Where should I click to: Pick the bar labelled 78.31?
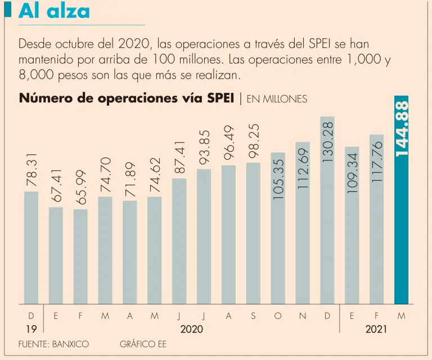click(31, 247)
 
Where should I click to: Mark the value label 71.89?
click(130, 179)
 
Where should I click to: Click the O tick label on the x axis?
click(278, 316)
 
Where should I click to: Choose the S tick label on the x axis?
click(253, 316)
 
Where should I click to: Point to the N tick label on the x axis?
click(303, 316)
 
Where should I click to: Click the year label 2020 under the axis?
click(192, 329)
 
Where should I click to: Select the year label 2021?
click(376, 329)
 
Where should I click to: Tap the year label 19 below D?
click(31, 329)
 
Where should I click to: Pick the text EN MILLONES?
click(277, 99)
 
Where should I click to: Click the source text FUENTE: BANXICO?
click(53, 344)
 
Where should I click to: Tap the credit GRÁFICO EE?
click(143, 344)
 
